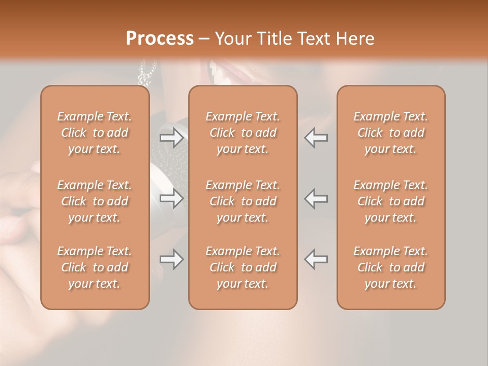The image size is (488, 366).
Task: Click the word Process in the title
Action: [x=160, y=39]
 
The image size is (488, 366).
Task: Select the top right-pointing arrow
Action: [x=172, y=138]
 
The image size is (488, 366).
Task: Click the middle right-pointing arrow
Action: [x=172, y=198]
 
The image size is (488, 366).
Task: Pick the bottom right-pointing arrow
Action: [x=172, y=259]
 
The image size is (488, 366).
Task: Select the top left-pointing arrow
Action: [x=316, y=138]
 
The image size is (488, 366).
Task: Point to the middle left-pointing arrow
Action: [x=316, y=198]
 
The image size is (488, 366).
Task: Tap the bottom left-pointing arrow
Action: [x=316, y=259]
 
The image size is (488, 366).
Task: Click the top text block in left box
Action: [x=95, y=133]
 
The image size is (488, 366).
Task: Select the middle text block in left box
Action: [x=95, y=201]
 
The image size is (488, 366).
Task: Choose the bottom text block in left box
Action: [x=95, y=267]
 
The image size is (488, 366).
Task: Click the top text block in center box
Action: [x=242, y=133]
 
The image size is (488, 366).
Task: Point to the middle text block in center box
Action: [x=242, y=201]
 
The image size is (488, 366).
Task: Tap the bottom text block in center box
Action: [x=242, y=267]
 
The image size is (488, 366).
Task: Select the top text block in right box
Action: [x=390, y=133]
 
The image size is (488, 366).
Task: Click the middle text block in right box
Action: [x=390, y=201]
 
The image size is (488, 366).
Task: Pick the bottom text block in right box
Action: [x=390, y=267]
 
